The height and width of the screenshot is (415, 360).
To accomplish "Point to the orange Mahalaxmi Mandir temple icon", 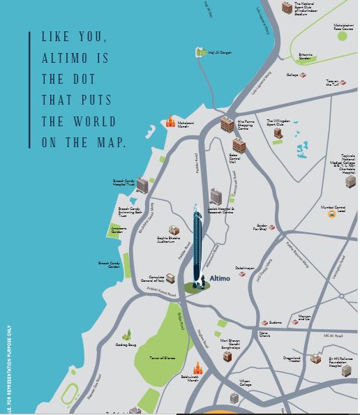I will click(170, 121).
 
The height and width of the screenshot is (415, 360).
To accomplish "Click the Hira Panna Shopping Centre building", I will click(227, 125).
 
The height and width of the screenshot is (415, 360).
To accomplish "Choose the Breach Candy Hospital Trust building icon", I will click(142, 185).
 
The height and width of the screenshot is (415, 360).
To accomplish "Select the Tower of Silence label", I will click(162, 358).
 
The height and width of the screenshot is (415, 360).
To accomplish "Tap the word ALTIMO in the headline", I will click(67, 59).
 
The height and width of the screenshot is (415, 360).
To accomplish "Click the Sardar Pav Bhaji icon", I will click(272, 227).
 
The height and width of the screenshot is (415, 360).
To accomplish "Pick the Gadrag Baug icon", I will click(126, 335).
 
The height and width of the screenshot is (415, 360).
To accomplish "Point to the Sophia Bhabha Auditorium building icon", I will click(173, 230).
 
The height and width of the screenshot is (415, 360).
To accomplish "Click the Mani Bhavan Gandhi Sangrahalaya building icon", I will click(227, 356).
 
